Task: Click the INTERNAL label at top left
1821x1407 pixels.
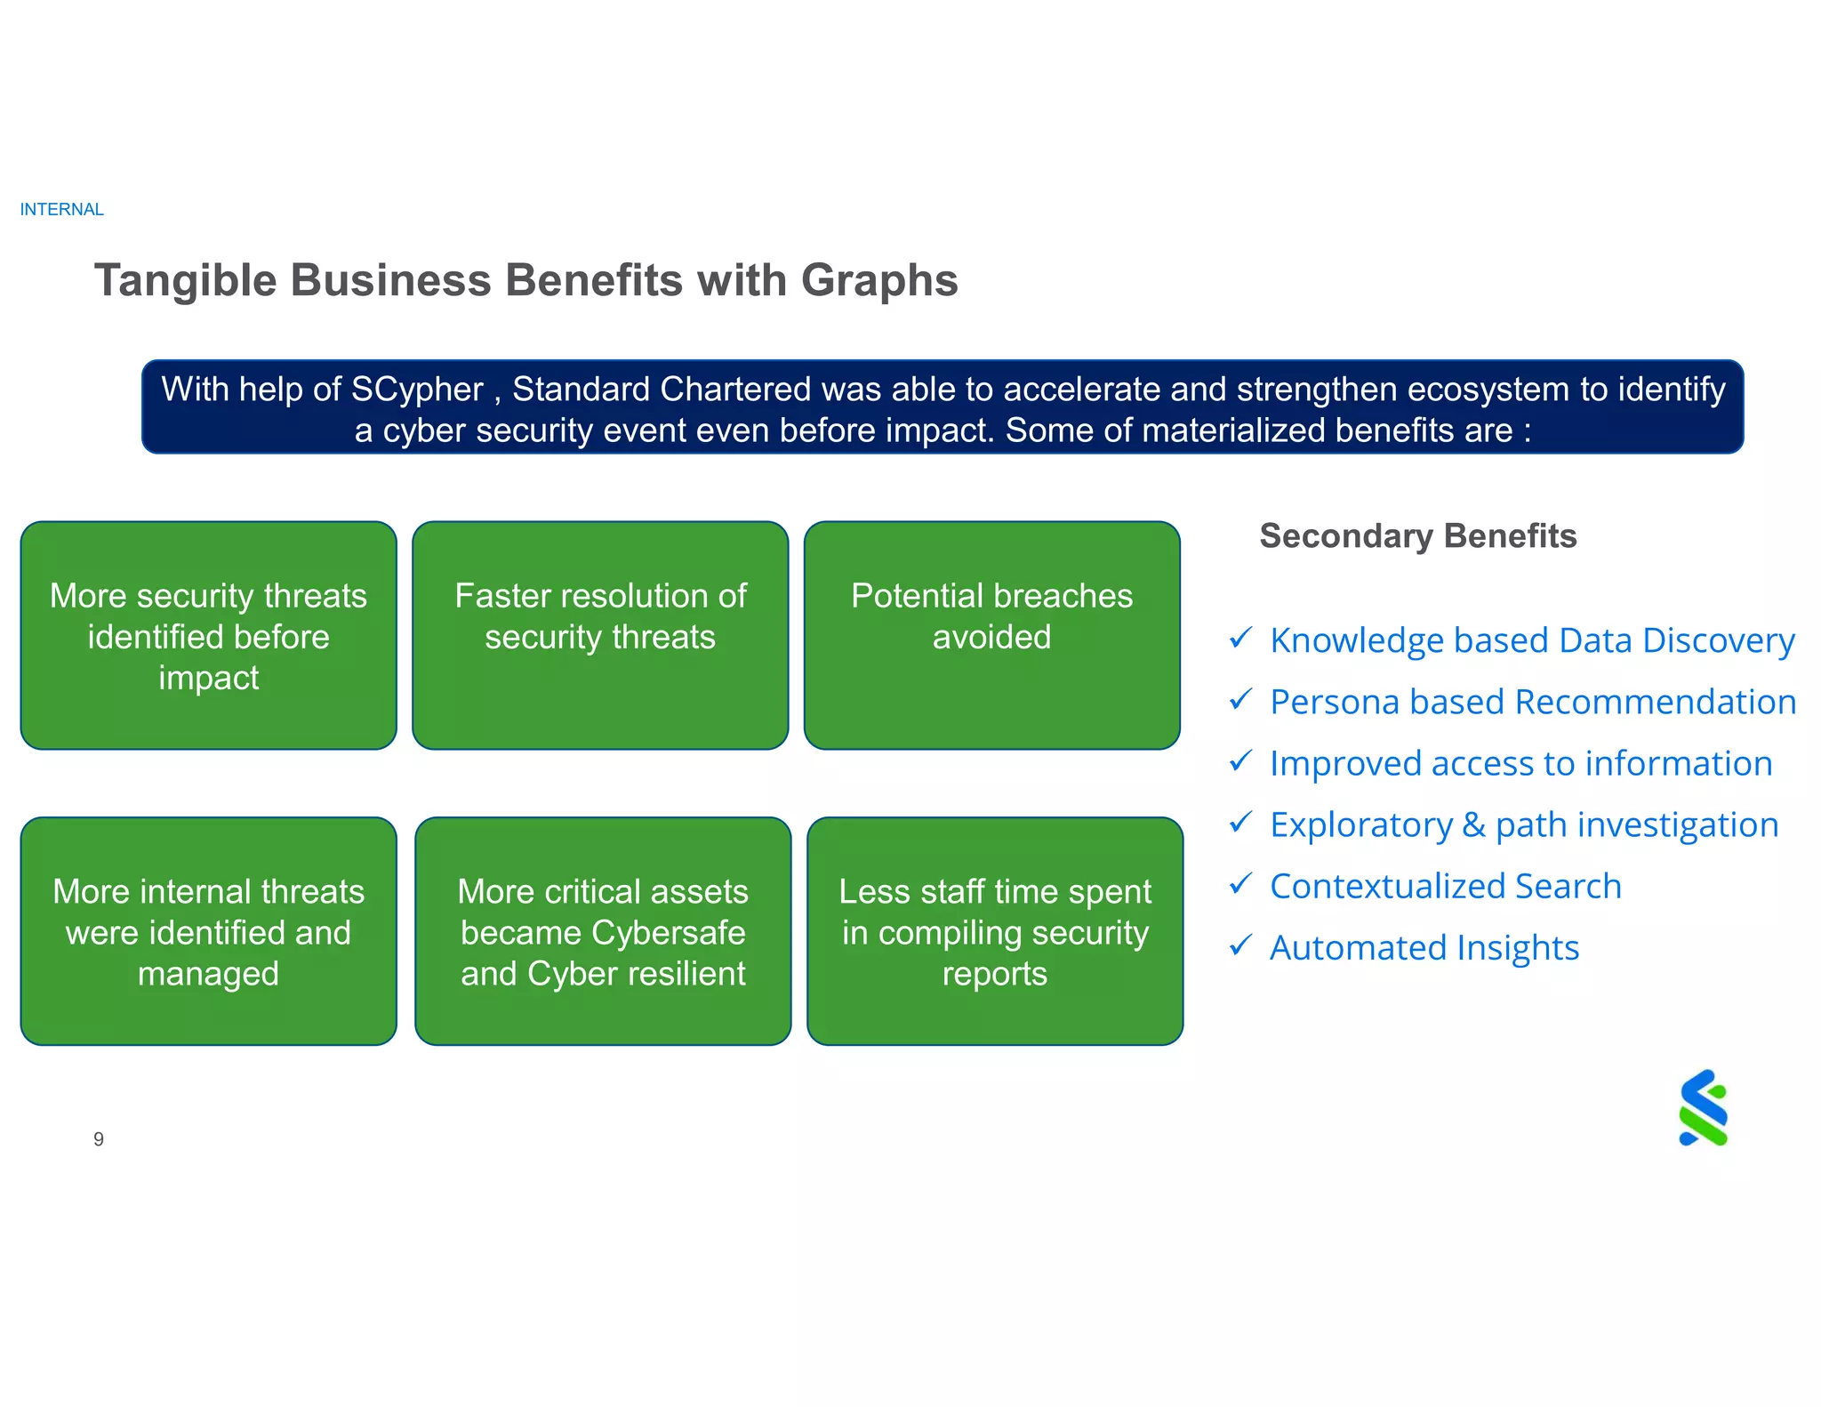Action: (x=61, y=210)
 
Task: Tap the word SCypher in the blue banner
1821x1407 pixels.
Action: (x=416, y=390)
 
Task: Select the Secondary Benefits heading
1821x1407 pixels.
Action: (x=1417, y=536)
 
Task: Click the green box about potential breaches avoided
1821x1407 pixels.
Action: (x=991, y=635)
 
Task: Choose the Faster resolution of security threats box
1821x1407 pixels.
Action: (x=600, y=635)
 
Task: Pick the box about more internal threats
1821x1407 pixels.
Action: (x=208, y=931)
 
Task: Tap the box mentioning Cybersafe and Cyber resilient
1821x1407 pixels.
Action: (x=603, y=931)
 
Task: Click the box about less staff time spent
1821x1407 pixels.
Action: (x=994, y=931)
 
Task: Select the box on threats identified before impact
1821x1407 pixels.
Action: (x=208, y=635)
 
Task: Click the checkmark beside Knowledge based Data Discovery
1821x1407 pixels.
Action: (x=1240, y=639)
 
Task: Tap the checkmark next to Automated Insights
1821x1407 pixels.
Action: (x=1240, y=945)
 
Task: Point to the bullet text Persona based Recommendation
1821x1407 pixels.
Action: (x=1532, y=703)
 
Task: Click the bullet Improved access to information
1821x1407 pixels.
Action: (x=1520, y=764)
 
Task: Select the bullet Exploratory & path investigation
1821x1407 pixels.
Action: (x=1523, y=825)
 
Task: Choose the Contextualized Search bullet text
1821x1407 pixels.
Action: (x=1445, y=887)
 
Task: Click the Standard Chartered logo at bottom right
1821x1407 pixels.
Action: (x=1703, y=1108)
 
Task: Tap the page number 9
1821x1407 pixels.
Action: (x=99, y=1139)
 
